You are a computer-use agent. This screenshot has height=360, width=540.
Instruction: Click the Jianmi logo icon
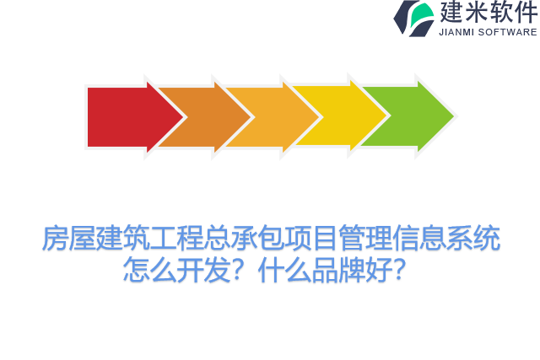coord(413,18)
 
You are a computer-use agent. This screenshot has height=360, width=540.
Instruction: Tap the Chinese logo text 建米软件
coord(489,13)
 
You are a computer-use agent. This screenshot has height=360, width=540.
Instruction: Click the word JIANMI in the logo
coord(457,32)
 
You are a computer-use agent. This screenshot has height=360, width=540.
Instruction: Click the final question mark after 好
coord(402,271)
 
